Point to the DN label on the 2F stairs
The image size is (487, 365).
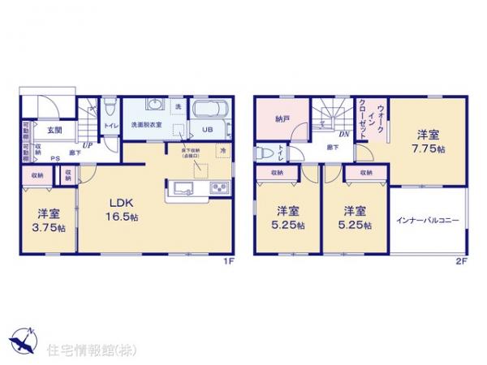344,135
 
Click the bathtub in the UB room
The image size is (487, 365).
210,109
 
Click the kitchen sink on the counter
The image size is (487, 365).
180,188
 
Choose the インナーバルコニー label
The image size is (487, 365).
427,221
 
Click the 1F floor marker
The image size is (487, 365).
230,262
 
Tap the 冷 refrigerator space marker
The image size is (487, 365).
220,151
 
